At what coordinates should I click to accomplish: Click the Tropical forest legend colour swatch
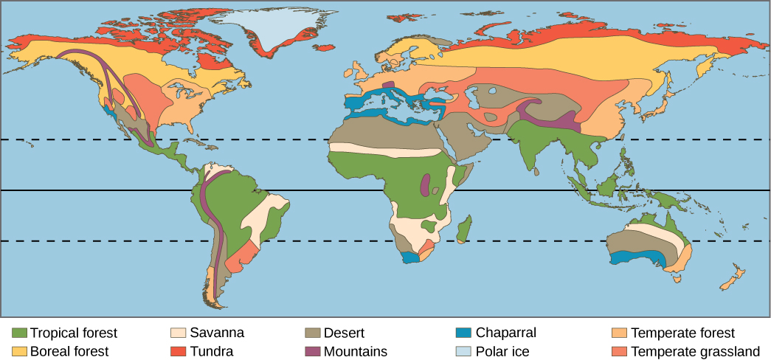20,333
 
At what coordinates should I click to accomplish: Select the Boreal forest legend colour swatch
20,351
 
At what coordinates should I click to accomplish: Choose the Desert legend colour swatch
313,333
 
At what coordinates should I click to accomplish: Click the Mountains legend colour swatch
313,351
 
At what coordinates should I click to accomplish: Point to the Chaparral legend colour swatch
464,333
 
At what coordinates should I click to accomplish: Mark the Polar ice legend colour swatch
464,351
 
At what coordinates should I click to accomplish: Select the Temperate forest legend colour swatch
620,333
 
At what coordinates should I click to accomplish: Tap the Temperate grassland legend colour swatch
620,351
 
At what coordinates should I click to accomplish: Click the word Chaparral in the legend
505,333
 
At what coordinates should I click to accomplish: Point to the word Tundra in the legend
212,351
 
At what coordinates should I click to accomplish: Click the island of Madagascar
465,229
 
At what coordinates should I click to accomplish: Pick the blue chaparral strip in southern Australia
638,257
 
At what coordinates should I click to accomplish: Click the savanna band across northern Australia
653,231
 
